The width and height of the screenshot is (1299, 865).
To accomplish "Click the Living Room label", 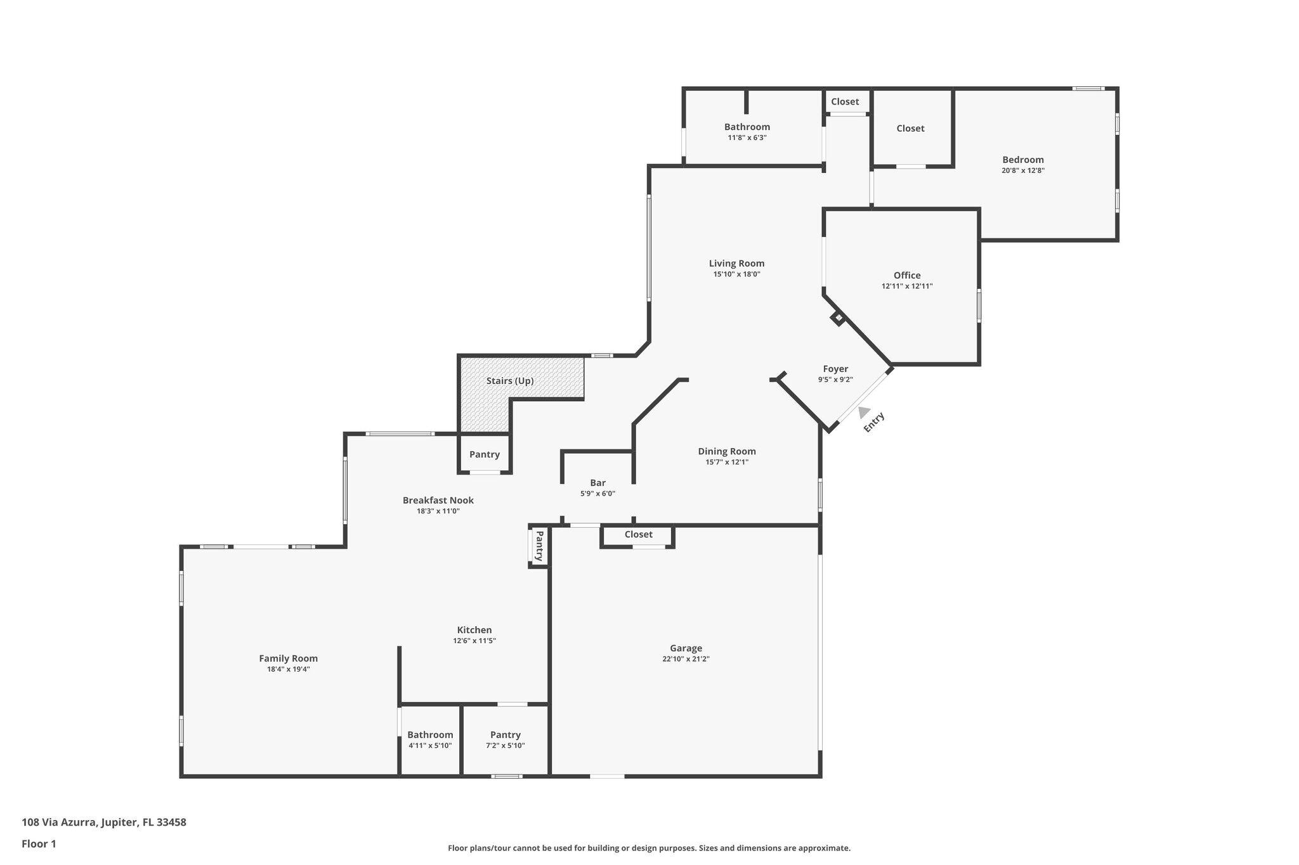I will [736, 264].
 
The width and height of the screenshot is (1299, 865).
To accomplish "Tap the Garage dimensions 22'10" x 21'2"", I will [685, 659].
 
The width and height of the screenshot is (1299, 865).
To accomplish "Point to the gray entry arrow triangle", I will [864, 413].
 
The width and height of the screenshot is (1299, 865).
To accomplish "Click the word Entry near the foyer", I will [874, 423].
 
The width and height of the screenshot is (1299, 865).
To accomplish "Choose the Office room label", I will [906, 275].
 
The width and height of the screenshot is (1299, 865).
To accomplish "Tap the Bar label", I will [597, 483].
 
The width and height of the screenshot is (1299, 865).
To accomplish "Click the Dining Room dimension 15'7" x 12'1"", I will [727, 463].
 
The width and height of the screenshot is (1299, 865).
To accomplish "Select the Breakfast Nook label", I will [438, 500].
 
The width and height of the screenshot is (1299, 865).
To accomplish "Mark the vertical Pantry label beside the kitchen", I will [539, 546].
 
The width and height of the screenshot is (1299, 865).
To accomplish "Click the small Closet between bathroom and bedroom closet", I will [845, 101].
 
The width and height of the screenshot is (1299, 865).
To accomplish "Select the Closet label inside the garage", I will [638, 534].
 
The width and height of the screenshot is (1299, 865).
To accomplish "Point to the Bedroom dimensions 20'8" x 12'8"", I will [1022, 170].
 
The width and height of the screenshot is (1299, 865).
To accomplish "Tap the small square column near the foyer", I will [838, 317].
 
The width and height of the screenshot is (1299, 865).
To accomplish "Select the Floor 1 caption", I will [39, 843].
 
